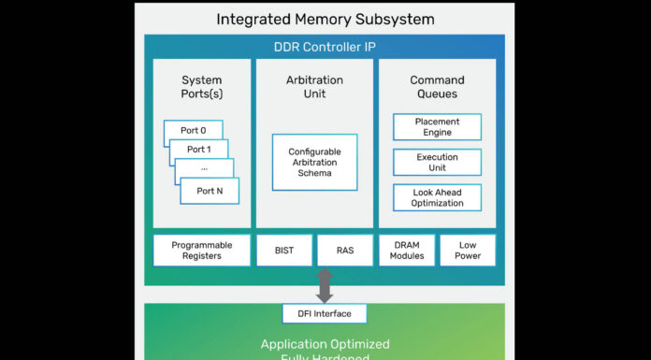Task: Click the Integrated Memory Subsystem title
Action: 325,19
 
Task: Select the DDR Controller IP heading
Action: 325,48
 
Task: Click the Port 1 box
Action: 199,150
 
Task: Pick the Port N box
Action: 210,191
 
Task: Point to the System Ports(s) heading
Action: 202,86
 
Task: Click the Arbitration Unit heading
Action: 314,86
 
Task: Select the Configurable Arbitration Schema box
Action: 314,162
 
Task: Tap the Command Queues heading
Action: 437,86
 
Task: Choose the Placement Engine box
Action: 437,127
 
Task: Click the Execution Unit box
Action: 437,163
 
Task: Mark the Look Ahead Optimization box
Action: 437,197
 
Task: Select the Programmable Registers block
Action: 202,251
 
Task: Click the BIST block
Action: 284,251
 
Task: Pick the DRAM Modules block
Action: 407,251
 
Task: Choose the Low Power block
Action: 468,251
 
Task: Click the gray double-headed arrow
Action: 325,285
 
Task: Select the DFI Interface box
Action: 325,314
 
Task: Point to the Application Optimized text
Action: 325,344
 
